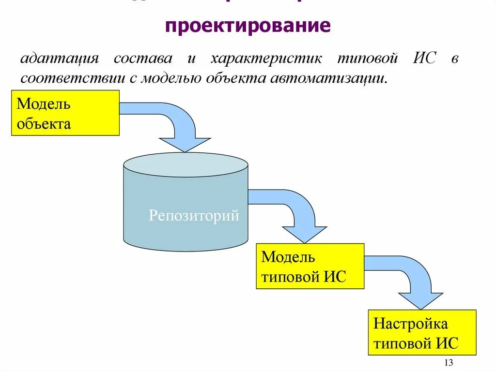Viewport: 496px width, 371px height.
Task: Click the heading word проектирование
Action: click(248, 26)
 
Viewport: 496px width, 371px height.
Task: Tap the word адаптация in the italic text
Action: click(60, 59)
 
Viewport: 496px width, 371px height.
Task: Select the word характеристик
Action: click(266, 59)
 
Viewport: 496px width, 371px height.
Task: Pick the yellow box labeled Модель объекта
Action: click(65, 113)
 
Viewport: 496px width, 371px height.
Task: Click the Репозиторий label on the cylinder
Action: click(194, 215)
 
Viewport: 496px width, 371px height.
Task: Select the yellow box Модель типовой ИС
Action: click(310, 267)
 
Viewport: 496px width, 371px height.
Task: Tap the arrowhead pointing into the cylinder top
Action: click(185, 144)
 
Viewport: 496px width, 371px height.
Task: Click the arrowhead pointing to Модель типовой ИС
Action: click(305, 234)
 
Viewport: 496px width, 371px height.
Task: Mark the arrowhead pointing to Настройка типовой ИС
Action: click(420, 300)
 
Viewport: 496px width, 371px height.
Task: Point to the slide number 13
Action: click(448, 363)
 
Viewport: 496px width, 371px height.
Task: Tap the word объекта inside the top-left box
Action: click(44, 124)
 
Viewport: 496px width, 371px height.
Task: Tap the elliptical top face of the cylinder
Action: click(186, 164)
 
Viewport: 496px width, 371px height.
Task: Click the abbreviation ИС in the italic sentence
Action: click(425, 59)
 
